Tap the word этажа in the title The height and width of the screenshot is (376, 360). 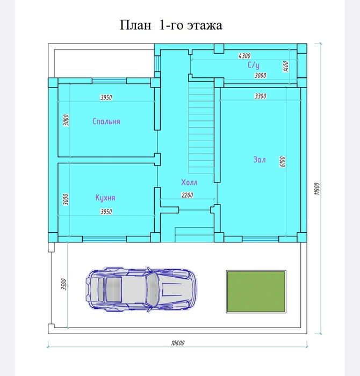click(x=204, y=25)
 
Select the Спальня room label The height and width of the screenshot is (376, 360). click(x=106, y=121)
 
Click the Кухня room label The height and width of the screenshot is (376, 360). click(x=105, y=198)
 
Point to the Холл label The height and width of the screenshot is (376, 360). click(x=189, y=183)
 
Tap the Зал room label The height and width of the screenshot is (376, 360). click(x=260, y=160)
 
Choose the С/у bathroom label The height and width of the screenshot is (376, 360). click(x=254, y=65)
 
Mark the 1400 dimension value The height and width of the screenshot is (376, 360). click(x=286, y=66)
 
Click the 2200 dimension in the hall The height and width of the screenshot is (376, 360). click(x=187, y=195)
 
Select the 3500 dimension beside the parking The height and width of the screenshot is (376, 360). click(x=63, y=285)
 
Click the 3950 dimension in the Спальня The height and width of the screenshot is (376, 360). click(x=106, y=98)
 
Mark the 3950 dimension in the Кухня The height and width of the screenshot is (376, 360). click(x=106, y=212)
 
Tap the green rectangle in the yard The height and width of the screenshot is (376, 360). click(x=255, y=292)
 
